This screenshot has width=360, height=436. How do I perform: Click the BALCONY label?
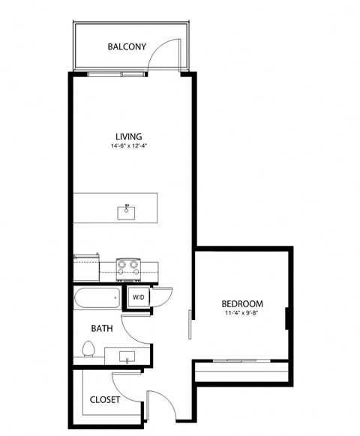click(127, 46)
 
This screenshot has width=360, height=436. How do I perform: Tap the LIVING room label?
click(129, 136)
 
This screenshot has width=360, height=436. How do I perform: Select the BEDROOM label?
click(242, 303)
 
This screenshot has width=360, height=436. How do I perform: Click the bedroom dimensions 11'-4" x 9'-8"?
click(242, 313)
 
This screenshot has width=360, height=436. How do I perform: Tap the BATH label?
click(102, 328)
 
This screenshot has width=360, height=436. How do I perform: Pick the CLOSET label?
click(104, 400)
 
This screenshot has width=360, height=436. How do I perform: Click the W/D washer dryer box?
click(139, 297)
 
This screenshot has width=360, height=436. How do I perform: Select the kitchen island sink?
click(126, 211)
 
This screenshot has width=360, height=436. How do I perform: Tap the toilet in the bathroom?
click(88, 351)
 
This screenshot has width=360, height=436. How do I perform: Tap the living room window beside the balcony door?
click(117, 74)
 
